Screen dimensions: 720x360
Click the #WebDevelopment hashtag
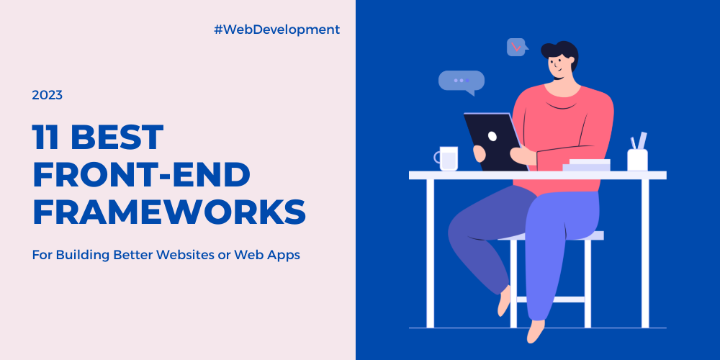click(277, 30)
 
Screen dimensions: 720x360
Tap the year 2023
click(48, 96)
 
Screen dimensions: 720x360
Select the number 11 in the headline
click(45, 138)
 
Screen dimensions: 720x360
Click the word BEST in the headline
click(117, 138)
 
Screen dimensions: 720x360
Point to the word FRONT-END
click(141, 175)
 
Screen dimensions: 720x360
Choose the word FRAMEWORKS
click(169, 212)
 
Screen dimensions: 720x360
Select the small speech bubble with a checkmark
click(516, 47)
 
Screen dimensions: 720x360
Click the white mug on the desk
click(447, 158)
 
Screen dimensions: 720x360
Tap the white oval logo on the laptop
click(492, 136)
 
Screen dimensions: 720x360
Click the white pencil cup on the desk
click(637, 161)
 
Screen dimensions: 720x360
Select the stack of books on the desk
click(587, 165)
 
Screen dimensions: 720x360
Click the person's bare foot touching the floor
click(536, 331)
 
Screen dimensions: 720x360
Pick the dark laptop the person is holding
click(495, 142)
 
